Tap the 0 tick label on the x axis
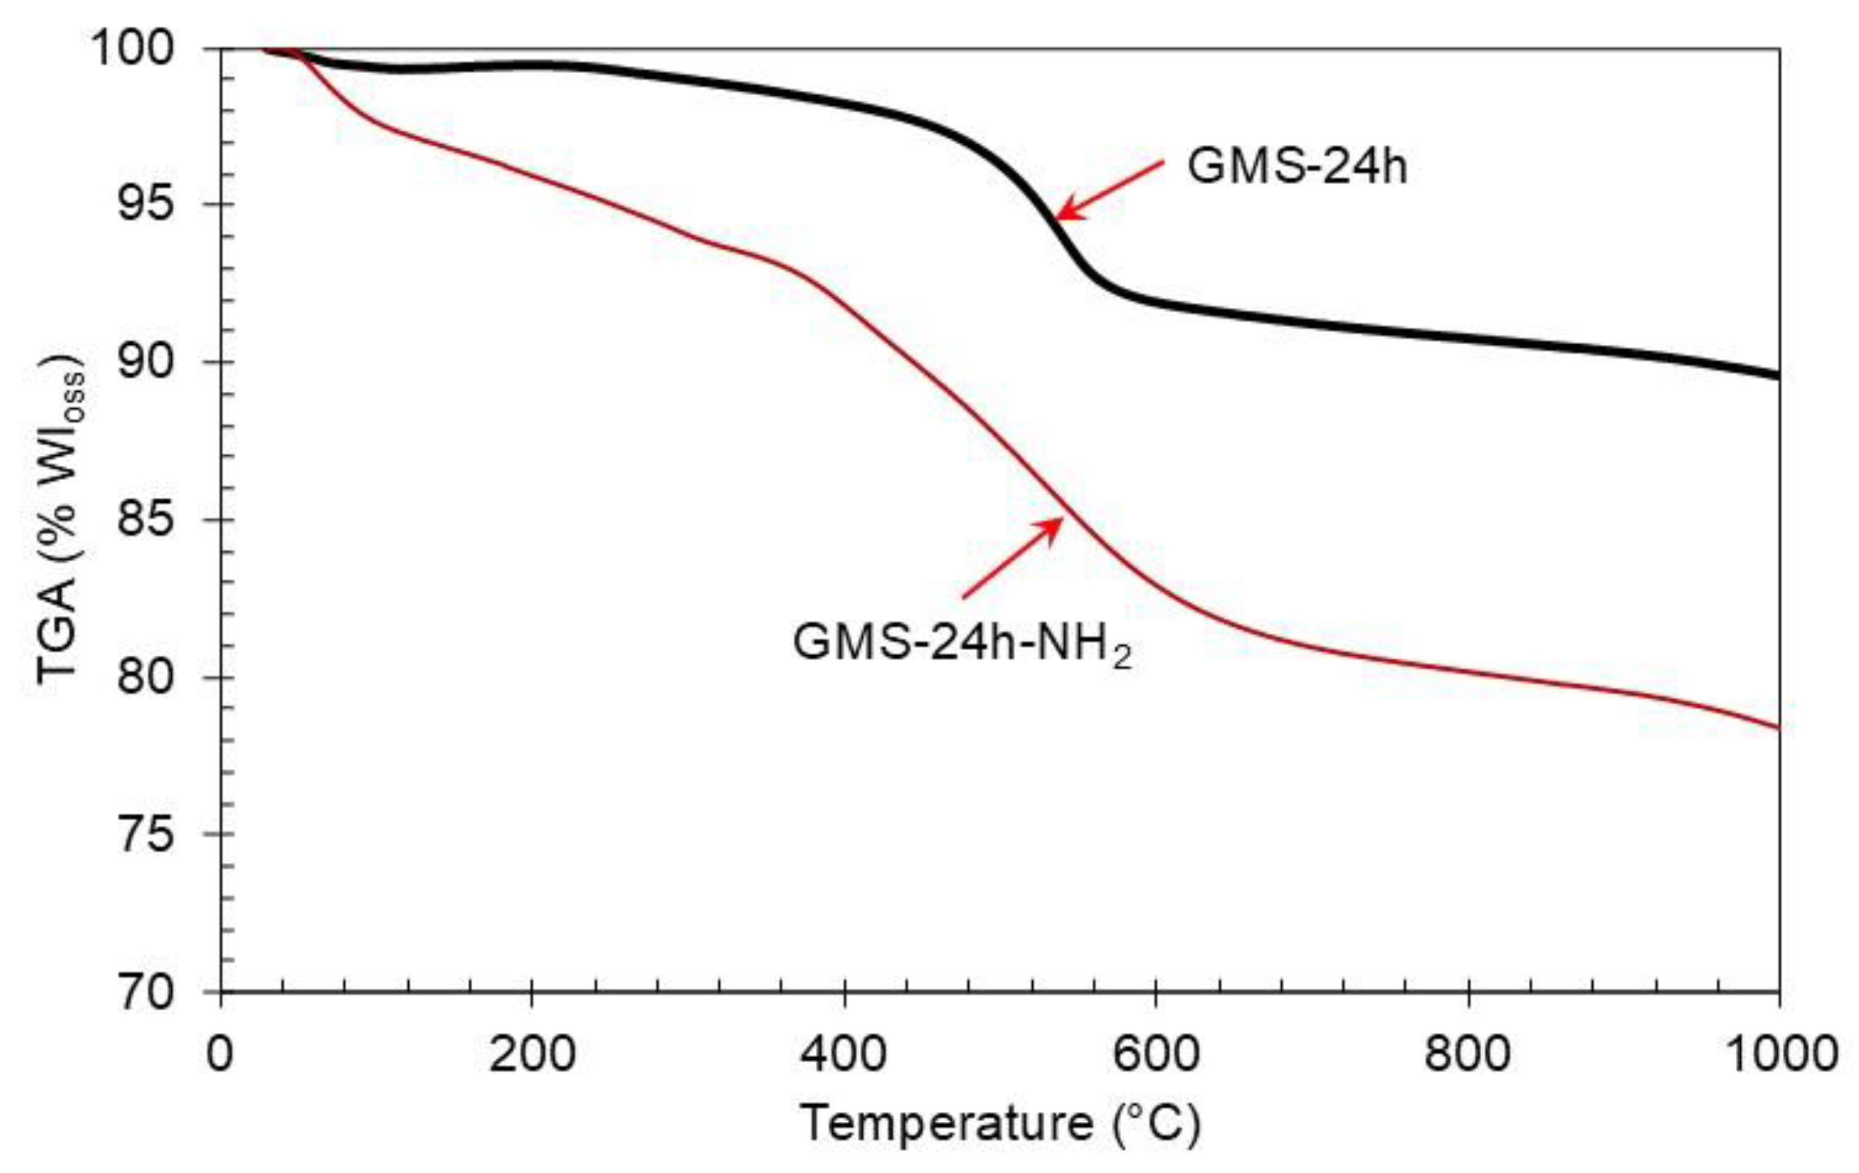(x=220, y=1054)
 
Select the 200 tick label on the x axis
(x=533, y=1054)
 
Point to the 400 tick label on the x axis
(x=844, y=1054)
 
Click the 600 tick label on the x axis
(x=1156, y=1054)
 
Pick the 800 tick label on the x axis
(x=1468, y=1054)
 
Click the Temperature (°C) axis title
(x=999, y=1124)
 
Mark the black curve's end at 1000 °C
(x=1777, y=375)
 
